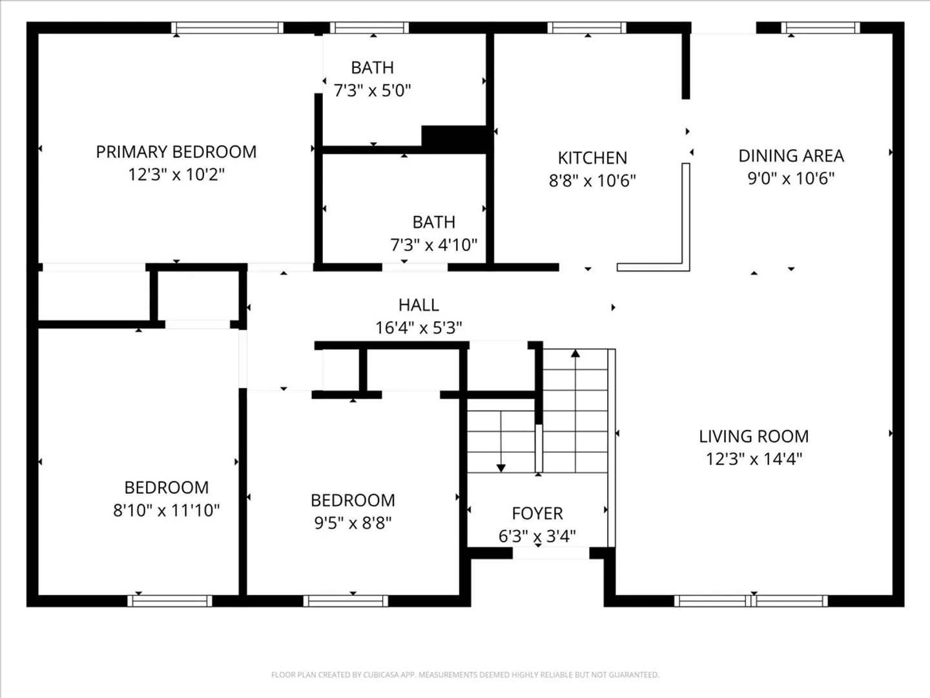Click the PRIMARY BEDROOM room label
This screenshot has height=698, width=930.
click(x=176, y=152)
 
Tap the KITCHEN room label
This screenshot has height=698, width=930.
click(x=592, y=158)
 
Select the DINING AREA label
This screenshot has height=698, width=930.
click(x=791, y=156)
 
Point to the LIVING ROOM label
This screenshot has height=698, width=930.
click(x=754, y=436)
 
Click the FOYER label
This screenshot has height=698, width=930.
click(x=537, y=513)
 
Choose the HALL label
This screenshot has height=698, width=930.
click(x=418, y=304)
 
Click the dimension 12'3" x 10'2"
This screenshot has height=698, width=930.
click(x=176, y=174)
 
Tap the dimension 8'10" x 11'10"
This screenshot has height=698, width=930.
click(x=167, y=511)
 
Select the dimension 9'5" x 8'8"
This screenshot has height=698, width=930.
click(x=353, y=523)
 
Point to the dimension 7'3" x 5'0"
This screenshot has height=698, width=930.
click(x=373, y=90)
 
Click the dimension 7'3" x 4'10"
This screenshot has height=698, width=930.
click(x=434, y=244)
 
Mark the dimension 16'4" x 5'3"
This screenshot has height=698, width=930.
click(x=418, y=328)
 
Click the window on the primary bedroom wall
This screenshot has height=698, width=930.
click(x=227, y=28)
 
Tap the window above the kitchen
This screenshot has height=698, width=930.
click(x=587, y=28)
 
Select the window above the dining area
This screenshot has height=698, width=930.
click(x=821, y=28)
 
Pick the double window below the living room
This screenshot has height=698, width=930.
click(x=750, y=601)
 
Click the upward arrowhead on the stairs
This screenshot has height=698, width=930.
click(x=575, y=353)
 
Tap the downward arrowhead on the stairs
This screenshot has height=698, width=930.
click(x=501, y=469)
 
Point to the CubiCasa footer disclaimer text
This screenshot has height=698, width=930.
click(x=465, y=675)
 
